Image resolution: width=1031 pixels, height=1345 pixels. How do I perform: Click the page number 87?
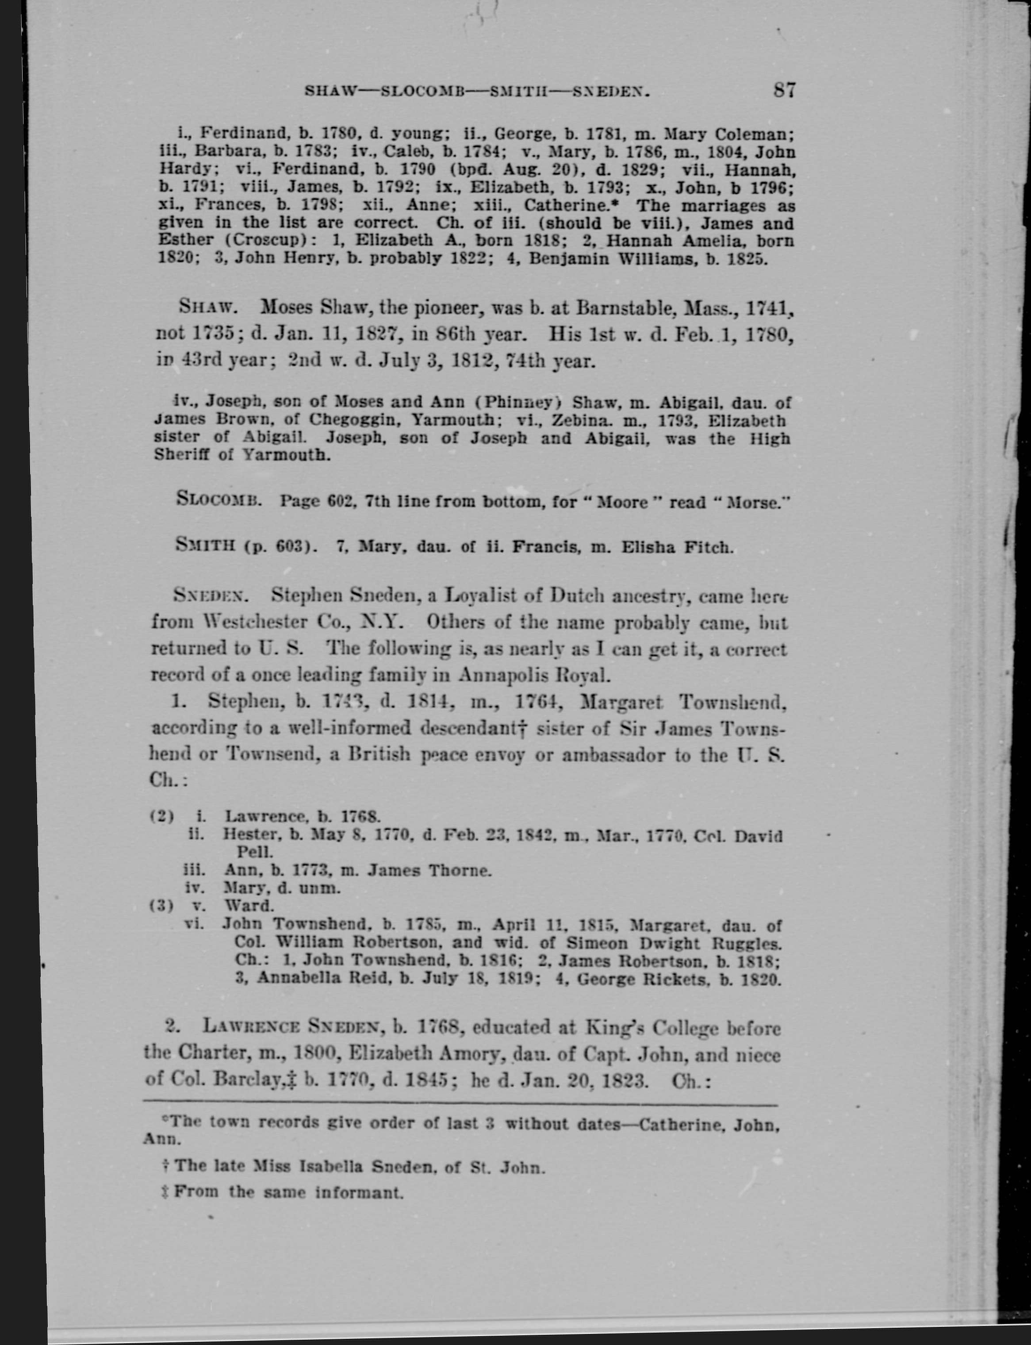[784, 90]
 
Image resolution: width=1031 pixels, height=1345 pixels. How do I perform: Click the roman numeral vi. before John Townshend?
[195, 923]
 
